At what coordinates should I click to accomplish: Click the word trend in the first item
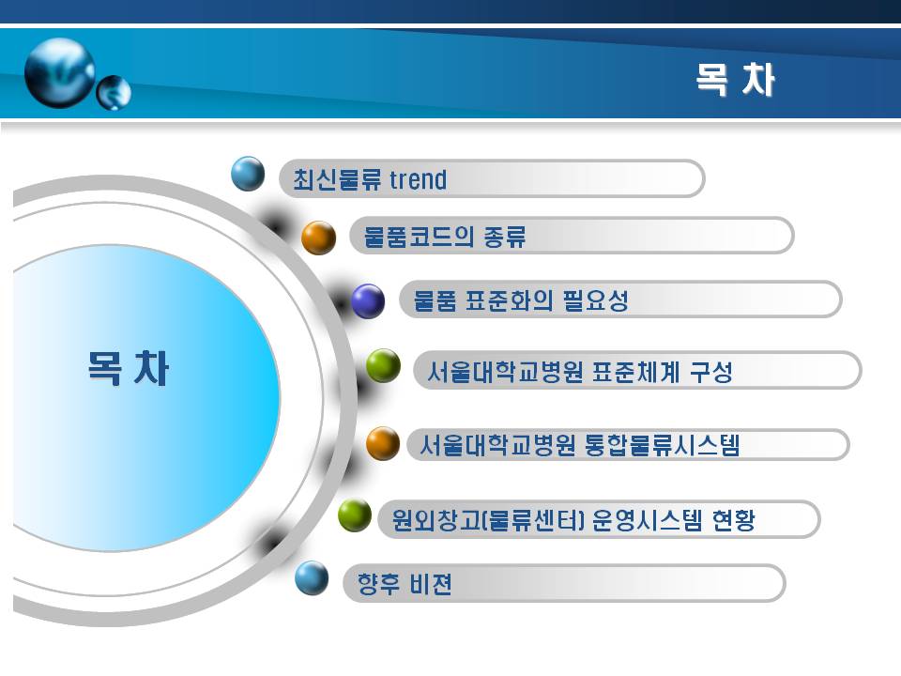click(x=418, y=179)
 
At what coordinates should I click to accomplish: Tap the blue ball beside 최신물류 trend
click(x=248, y=174)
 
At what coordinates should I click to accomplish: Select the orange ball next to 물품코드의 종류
click(x=319, y=238)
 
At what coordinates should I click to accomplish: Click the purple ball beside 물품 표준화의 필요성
click(x=368, y=301)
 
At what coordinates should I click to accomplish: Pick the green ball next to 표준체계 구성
click(x=383, y=365)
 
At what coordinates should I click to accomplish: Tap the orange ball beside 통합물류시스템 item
click(x=383, y=443)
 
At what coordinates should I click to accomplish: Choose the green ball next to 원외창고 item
click(x=355, y=515)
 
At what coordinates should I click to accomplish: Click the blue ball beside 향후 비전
click(x=312, y=578)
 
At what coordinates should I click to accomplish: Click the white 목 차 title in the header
click(x=736, y=79)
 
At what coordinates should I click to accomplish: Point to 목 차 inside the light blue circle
click(x=129, y=368)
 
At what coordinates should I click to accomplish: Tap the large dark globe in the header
click(x=60, y=72)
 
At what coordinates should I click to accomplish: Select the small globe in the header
click(x=114, y=93)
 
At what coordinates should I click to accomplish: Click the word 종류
click(x=505, y=237)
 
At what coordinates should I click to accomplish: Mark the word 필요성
click(x=596, y=300)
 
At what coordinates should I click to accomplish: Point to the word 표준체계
click(x=636, y=372)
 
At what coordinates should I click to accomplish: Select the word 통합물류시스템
click(x=662, y=445)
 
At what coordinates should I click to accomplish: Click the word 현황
click(x=733, y=520)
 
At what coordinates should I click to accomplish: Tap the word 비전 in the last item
click(x=431, y=584)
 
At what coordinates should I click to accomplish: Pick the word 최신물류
click(x=337, y=179)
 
